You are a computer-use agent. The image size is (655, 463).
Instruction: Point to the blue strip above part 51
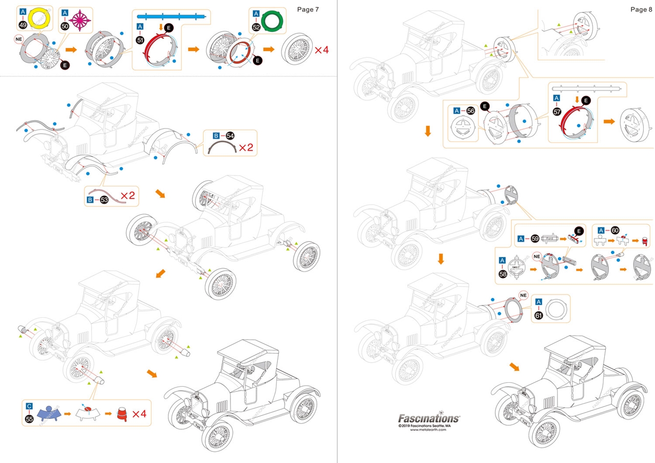click(x=171, y=16)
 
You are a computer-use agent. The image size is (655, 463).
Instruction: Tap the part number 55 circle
click(x=29, y=418)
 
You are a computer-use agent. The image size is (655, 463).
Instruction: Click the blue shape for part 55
click(x=49, y=414)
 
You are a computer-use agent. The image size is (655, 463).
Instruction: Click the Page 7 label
click(x=309, y=9)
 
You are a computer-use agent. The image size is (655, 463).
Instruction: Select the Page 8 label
click(x=641, y=9)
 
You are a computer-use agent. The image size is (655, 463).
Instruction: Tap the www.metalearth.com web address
click(x=428, y=430)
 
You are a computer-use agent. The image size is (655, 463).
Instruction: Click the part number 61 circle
click(x=538, y=316)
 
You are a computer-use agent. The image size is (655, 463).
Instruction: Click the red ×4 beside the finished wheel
click(x=321, y=50)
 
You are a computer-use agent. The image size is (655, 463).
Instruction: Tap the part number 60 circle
click(x=615, y=230)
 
